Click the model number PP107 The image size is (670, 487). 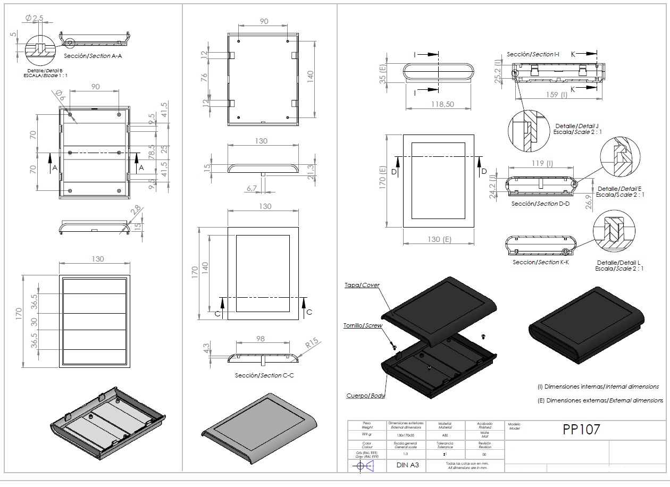pyautogui.click(x=581, y=430)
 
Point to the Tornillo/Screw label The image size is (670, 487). pyautogui.click(x=363, y=325)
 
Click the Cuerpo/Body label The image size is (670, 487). pyautogui.click(x=365, y=396)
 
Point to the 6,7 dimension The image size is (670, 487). pyautogui.click(x=252, y=188)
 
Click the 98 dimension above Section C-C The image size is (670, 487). pyautogui.click(x=260, y=339)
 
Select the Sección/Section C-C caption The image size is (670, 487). pyautogui.click(x=264, y=375)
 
